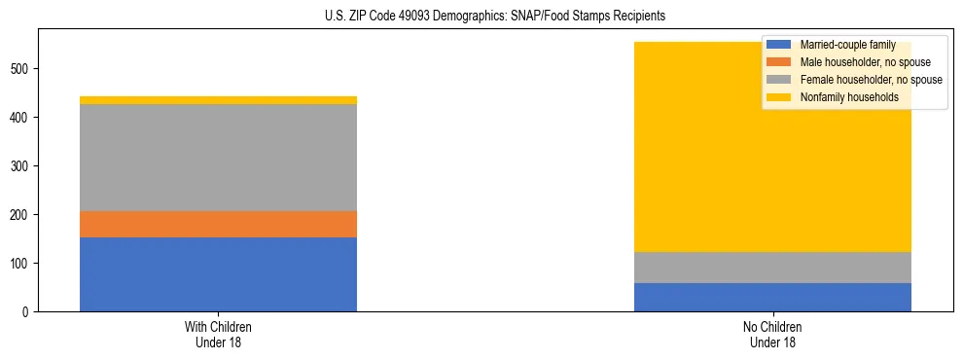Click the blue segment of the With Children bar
[x=218, y=274]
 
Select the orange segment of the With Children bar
[x=218, y=225]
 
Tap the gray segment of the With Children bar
[x=218, y=158]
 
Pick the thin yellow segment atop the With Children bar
[x=218, y=100]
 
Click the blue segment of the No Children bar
[x=772, y=297]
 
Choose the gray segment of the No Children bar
[x=772, y=268]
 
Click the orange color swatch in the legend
[x=779, y=62]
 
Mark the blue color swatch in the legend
[x=779, y=45]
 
